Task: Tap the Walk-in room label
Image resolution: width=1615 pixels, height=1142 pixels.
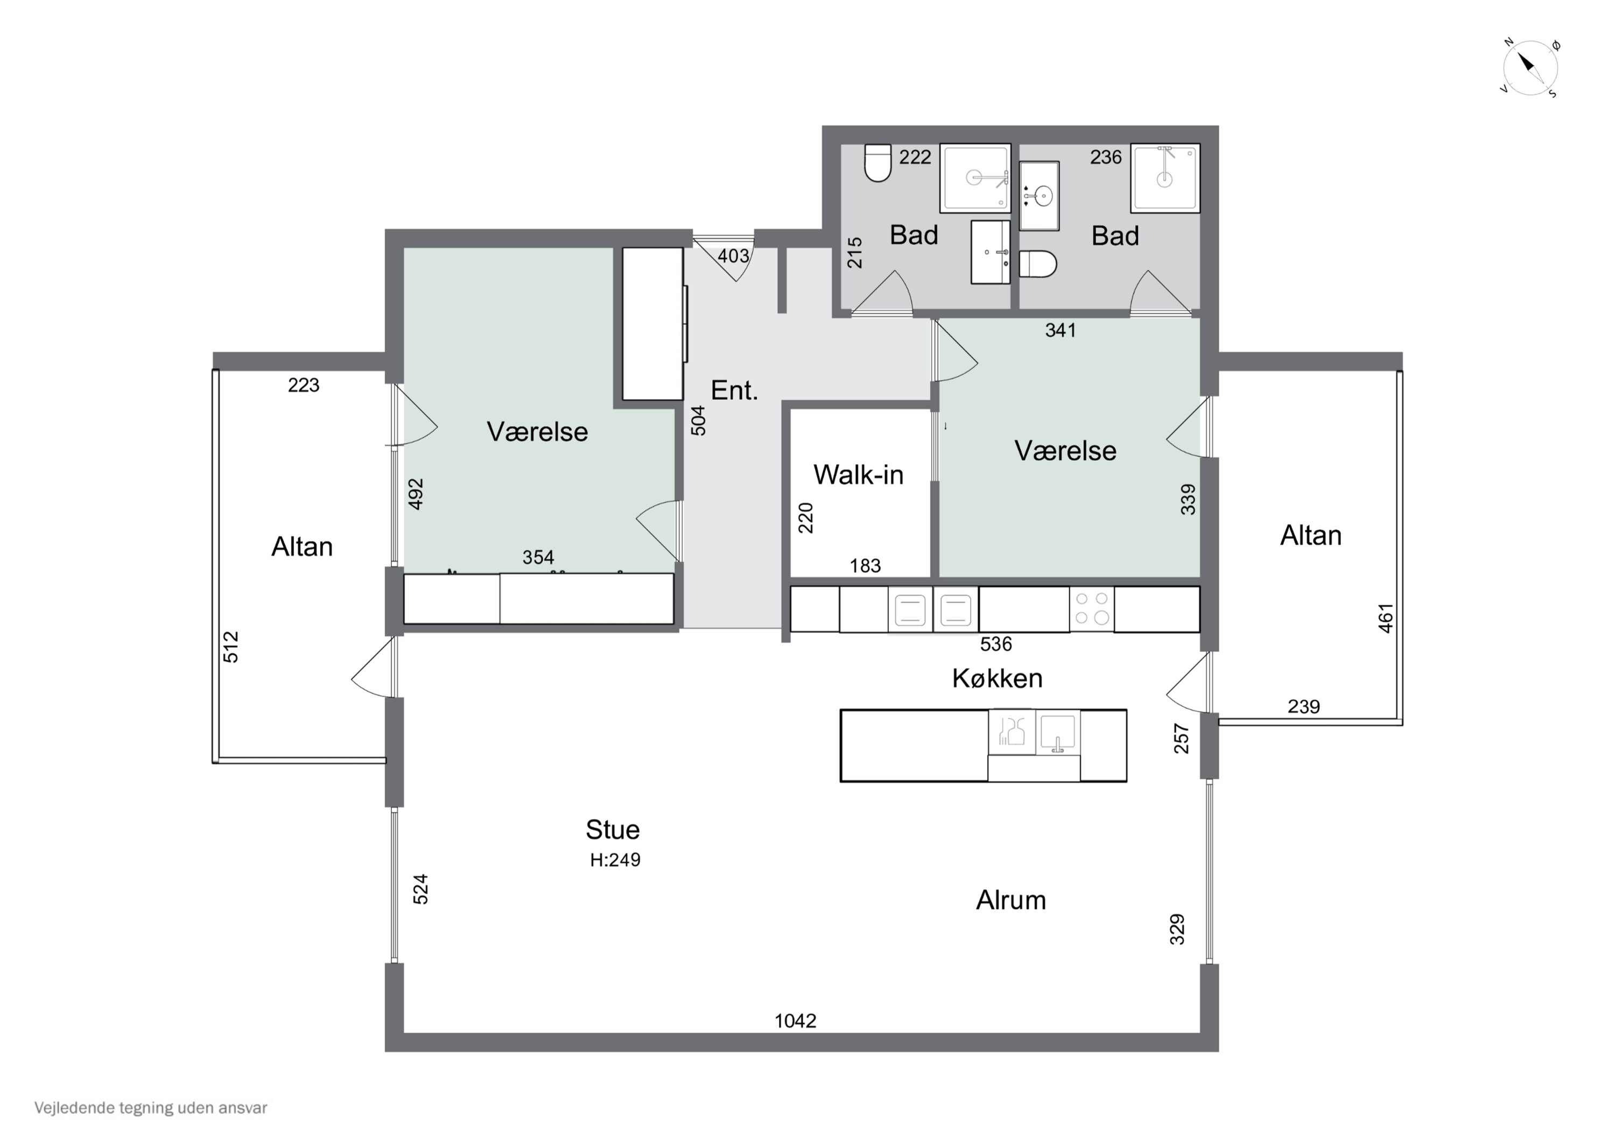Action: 858,475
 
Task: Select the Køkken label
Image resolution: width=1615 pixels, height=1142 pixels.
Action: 998,678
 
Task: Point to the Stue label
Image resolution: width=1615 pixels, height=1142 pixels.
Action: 613,830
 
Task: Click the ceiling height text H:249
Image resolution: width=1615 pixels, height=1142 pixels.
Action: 615,860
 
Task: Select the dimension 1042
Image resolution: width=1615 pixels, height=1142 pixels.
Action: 796,1021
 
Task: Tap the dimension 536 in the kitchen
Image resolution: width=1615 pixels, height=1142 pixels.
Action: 996,644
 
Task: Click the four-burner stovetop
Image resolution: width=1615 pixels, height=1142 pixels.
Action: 1092,608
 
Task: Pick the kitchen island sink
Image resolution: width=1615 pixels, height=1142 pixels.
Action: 1058,732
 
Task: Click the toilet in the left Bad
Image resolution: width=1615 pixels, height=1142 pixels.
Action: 878,163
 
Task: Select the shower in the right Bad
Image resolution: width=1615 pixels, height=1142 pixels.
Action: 1165,178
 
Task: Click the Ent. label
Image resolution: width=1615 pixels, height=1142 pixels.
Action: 734,390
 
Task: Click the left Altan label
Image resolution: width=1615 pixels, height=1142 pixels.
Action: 302,547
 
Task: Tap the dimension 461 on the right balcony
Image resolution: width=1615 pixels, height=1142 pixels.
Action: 1385,619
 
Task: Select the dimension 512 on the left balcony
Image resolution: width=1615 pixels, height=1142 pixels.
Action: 231,647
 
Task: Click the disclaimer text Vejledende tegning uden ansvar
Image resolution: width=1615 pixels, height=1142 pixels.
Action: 151,1108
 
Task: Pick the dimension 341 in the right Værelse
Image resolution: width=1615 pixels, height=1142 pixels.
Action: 1060,330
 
